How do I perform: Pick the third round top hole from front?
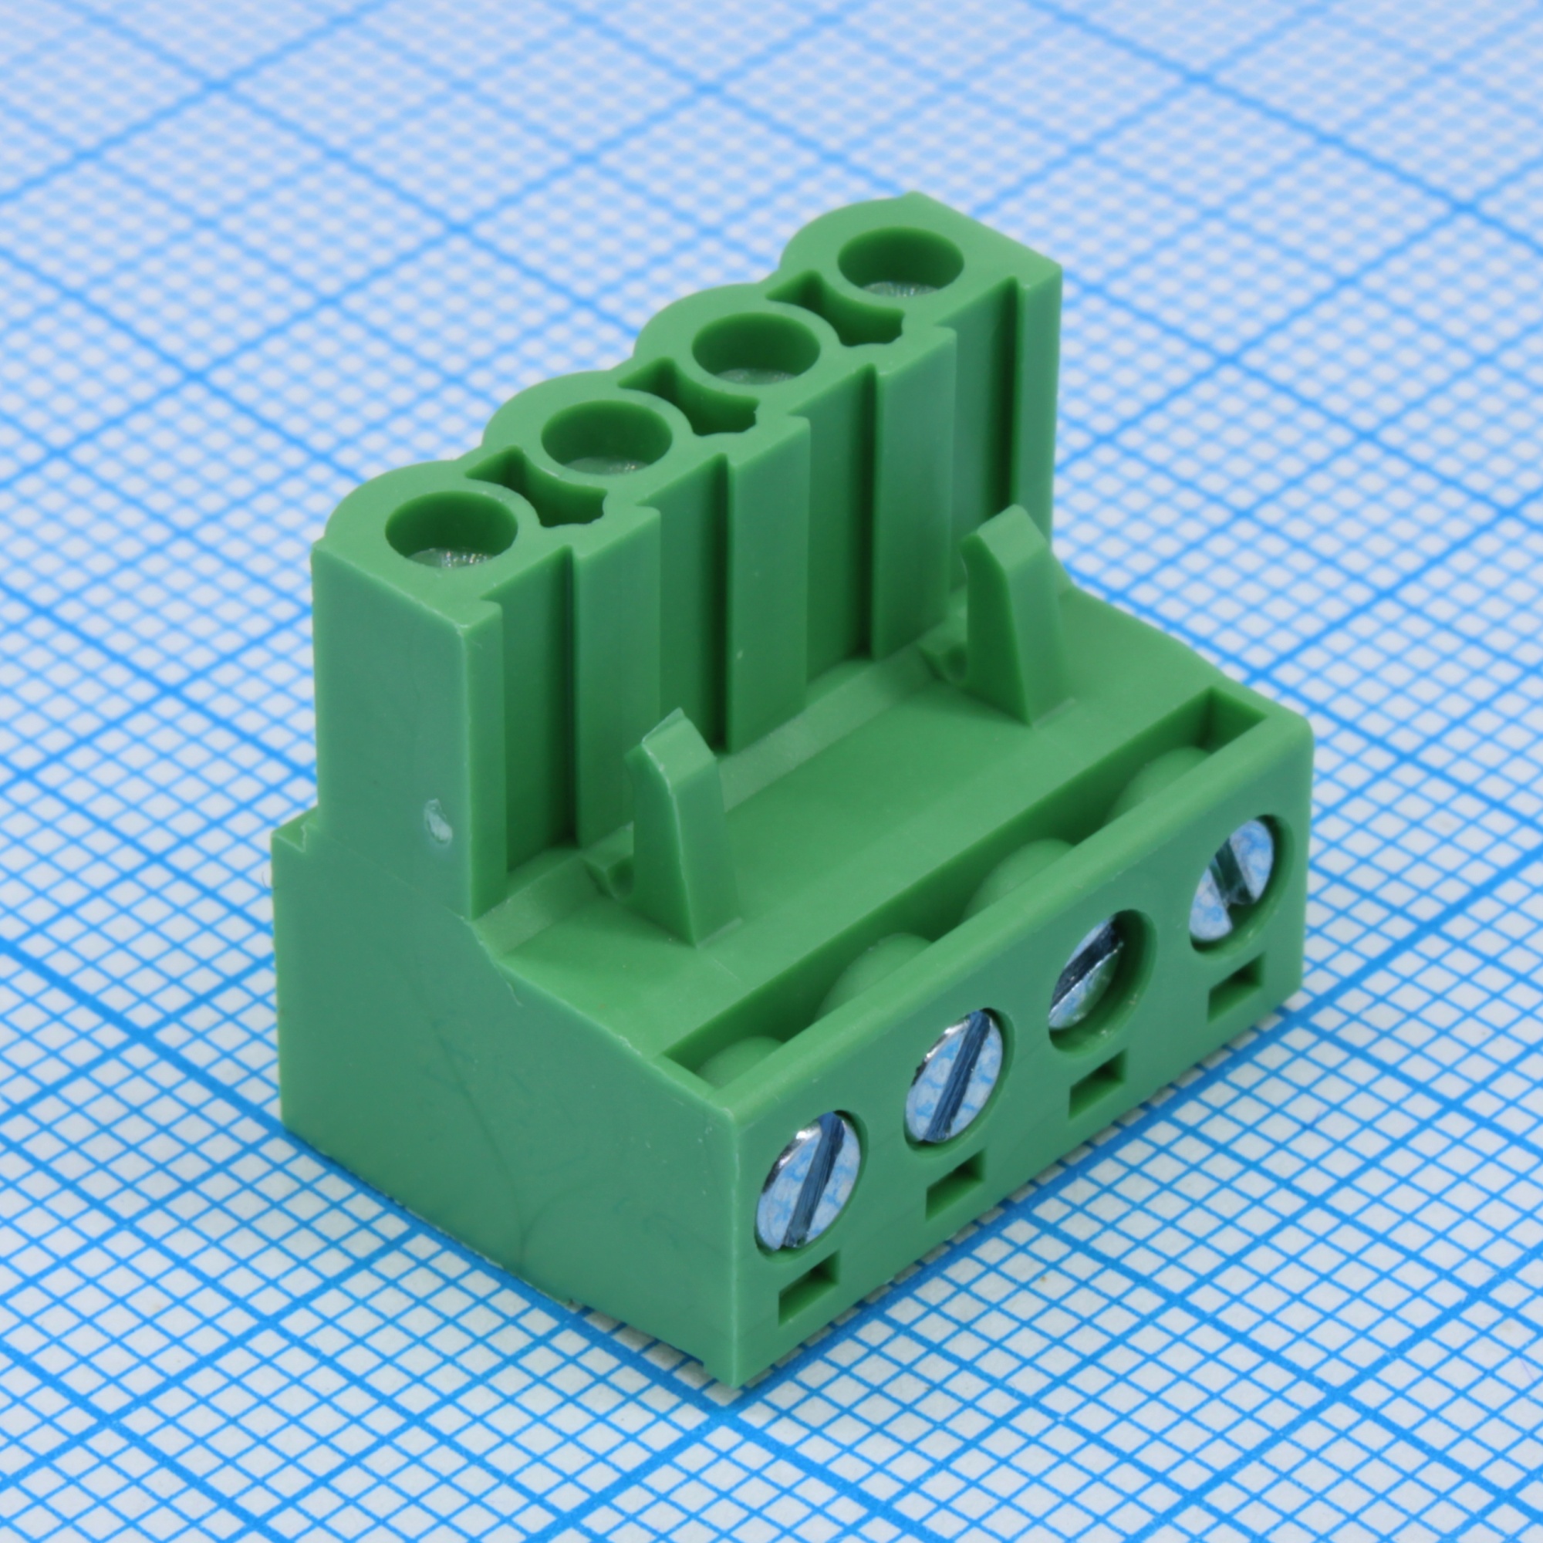757,353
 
